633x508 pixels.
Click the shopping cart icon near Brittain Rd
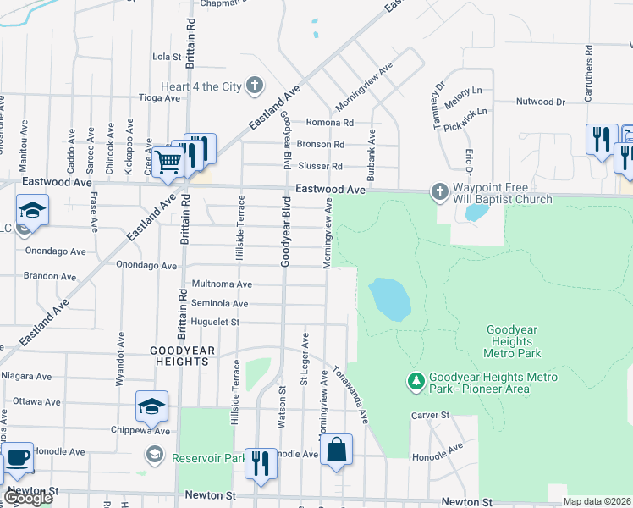168,160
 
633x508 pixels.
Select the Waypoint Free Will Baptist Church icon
439,191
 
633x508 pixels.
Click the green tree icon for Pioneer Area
416,383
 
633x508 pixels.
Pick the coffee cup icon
18,458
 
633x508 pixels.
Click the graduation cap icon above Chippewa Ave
151,406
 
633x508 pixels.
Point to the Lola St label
167,58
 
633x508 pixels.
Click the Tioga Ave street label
160,98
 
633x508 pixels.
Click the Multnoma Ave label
222,284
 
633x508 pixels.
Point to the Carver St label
429,416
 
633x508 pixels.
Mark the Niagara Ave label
26,376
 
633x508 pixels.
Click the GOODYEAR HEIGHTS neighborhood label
179,356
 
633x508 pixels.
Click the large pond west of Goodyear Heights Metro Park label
389,299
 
